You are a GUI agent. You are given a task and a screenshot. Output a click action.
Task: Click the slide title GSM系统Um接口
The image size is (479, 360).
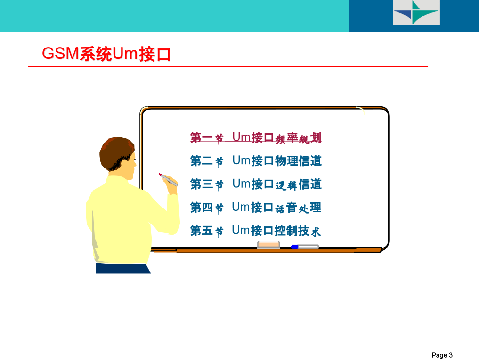(106, 54)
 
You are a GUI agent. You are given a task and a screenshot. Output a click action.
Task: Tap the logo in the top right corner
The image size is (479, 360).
(416, 13)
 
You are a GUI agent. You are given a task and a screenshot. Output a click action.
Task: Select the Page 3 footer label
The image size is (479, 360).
(442, 355)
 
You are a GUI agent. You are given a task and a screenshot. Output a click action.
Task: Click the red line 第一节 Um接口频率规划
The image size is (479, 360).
(256, 138)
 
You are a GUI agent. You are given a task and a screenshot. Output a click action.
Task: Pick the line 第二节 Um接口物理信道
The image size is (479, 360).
(256, 161)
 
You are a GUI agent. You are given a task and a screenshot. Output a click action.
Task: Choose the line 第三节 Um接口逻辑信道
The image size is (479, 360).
(256, 184)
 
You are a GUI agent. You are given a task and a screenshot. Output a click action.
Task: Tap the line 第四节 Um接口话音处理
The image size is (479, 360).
(256, 208)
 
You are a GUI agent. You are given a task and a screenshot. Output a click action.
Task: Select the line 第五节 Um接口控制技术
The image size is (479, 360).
(256, 231)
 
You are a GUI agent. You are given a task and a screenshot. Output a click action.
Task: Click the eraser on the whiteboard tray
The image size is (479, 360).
(268, 245)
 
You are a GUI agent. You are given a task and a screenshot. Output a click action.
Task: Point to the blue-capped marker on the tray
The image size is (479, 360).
(305, 247)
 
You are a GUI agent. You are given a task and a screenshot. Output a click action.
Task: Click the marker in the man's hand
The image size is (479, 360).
(168, 180)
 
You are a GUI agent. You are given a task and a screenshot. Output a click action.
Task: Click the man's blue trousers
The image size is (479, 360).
(123, 268)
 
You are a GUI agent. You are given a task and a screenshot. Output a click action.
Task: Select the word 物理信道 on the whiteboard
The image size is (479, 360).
(298, 161)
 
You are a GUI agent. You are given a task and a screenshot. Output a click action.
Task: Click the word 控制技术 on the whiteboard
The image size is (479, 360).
(298, 231)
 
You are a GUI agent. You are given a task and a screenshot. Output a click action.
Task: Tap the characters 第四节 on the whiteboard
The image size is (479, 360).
(207, 208)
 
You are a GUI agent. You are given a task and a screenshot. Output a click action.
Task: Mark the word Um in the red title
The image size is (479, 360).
(125, 54)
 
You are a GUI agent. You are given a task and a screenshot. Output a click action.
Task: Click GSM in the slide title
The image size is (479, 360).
(60, 54)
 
